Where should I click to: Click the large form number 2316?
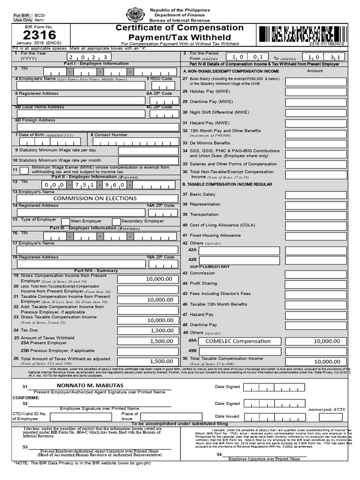click(x=39, y=35)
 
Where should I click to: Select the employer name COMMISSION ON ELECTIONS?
click(x=95, y=198)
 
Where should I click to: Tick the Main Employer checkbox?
click(x=66, y=221)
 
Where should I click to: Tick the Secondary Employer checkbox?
click(x=116, y=221)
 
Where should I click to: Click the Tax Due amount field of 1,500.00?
click(x=148, y=330)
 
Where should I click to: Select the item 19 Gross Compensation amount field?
click(x=148, y=279)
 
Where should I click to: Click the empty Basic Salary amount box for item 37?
click(x=315, y=195)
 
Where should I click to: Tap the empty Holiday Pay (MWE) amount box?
click(x=315, y=91)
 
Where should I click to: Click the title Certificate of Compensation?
click(x=180, y=28)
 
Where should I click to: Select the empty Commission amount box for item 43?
click(x=315, y=273)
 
